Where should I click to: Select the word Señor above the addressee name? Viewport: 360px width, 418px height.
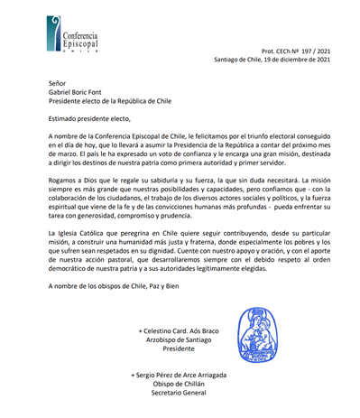(56, 81)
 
